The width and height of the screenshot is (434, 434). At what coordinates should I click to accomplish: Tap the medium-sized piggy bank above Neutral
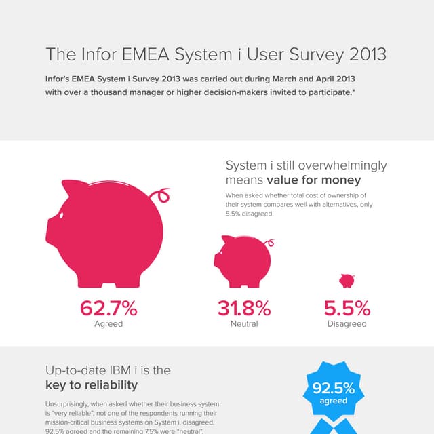click(x=243, y=261)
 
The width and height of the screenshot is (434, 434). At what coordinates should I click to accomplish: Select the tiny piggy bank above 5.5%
click(x=347, y=280)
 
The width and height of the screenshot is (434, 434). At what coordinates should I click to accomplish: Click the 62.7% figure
click(x=108, y=309)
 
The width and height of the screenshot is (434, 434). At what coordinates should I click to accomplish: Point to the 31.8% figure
click(x=244, y=309)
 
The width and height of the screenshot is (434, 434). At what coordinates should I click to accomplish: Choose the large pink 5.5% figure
click(x=347, y=309)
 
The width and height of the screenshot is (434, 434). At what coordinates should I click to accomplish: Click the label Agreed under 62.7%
click(x=108, y=324)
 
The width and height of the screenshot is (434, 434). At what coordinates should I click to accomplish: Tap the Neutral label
click(x=244, y=324)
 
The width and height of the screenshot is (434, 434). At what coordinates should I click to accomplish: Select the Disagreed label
click(x=347, y=324)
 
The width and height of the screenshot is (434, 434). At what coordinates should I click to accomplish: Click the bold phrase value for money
click(x=314, y=180)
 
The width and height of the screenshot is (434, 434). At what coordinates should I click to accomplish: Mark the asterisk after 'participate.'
click(x=353, y=92)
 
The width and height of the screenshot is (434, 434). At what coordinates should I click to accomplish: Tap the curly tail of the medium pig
click(x=270, y=241)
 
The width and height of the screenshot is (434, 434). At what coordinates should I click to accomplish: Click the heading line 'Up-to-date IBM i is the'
click(x=107, y=370)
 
